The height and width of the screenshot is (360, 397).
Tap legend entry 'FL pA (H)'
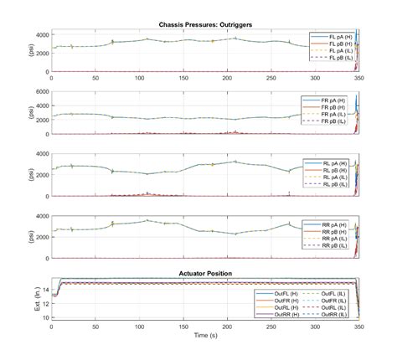coord(338,37)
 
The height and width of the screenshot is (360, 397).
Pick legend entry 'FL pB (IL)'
coord(338,57)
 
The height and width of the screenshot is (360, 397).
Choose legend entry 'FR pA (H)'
coord(338,100)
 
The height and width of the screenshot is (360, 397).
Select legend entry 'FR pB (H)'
coord(338,107)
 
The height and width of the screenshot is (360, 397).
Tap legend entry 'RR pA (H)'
coord(338,226)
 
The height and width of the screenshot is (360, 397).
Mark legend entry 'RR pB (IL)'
coord(338,246)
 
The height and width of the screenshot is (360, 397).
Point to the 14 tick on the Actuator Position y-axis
coord(44,289)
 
